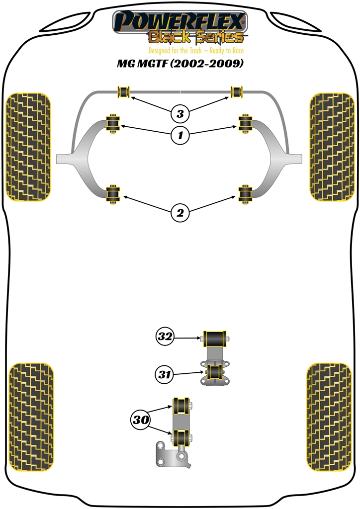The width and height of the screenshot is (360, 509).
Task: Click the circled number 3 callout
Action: pyautogui.click(x=180, y=114)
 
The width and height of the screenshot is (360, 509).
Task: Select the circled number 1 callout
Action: pyautogui.click(x=180, y=134)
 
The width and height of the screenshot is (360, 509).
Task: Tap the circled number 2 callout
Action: pyautogui.click(x=180, y=213)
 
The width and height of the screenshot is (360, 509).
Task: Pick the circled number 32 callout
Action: pyautogui.click(x=165, y=337)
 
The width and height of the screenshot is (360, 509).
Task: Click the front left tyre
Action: pyautogui.click(x=28, y=147)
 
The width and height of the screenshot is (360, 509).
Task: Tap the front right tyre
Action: pyautogui.click(x=331, y=147)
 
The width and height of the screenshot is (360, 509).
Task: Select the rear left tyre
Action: pyautogui.click(x=31, y=418)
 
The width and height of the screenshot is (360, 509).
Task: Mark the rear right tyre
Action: pyautogui.click(x=329, y=418)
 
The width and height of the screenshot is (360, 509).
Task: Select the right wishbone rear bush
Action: pyautogui.click(x=245, y=194)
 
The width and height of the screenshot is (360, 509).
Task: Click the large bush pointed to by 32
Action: pyautogui.click(x=215, y=340)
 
